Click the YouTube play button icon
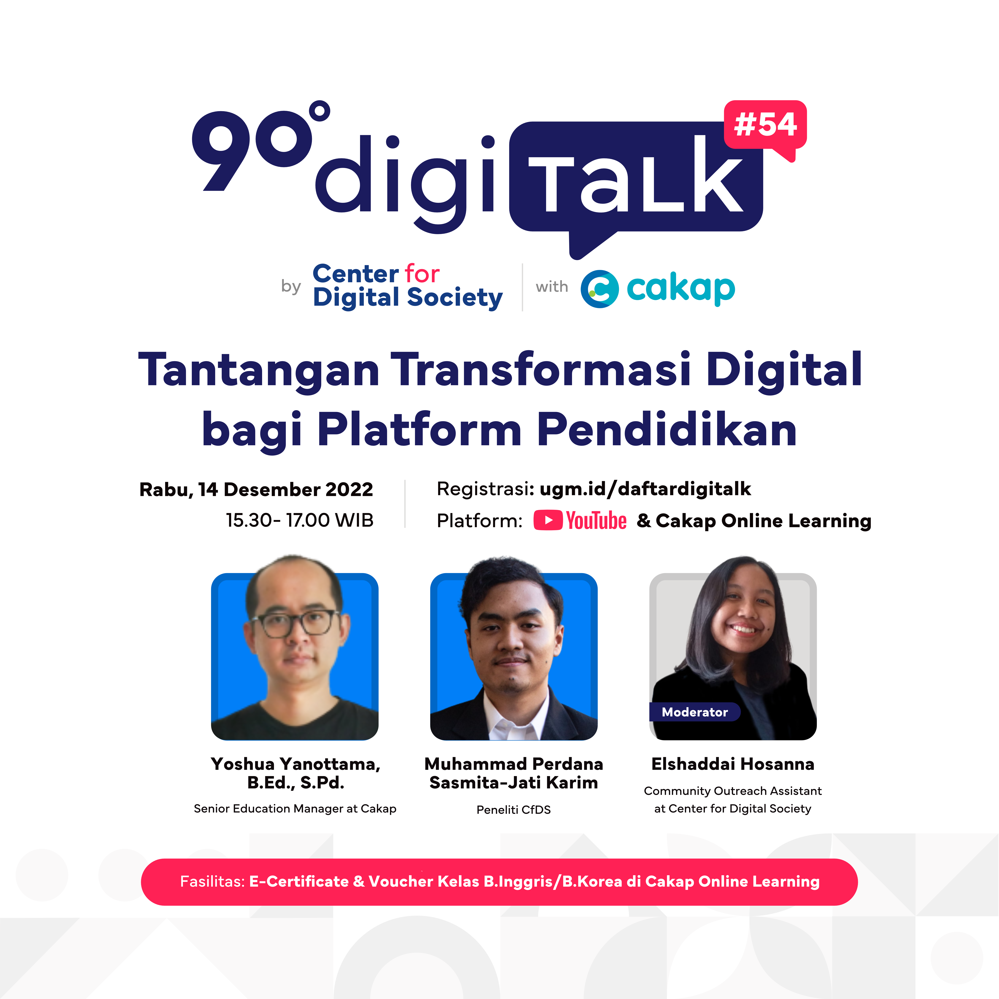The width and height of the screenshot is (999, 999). pos(548,520)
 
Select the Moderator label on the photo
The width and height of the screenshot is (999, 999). pos(694,712)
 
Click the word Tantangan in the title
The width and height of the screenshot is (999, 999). pos(259,370)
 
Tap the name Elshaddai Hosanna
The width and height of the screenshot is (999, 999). pos(733,764)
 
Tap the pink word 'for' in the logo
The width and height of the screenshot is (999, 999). pos(422,274)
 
